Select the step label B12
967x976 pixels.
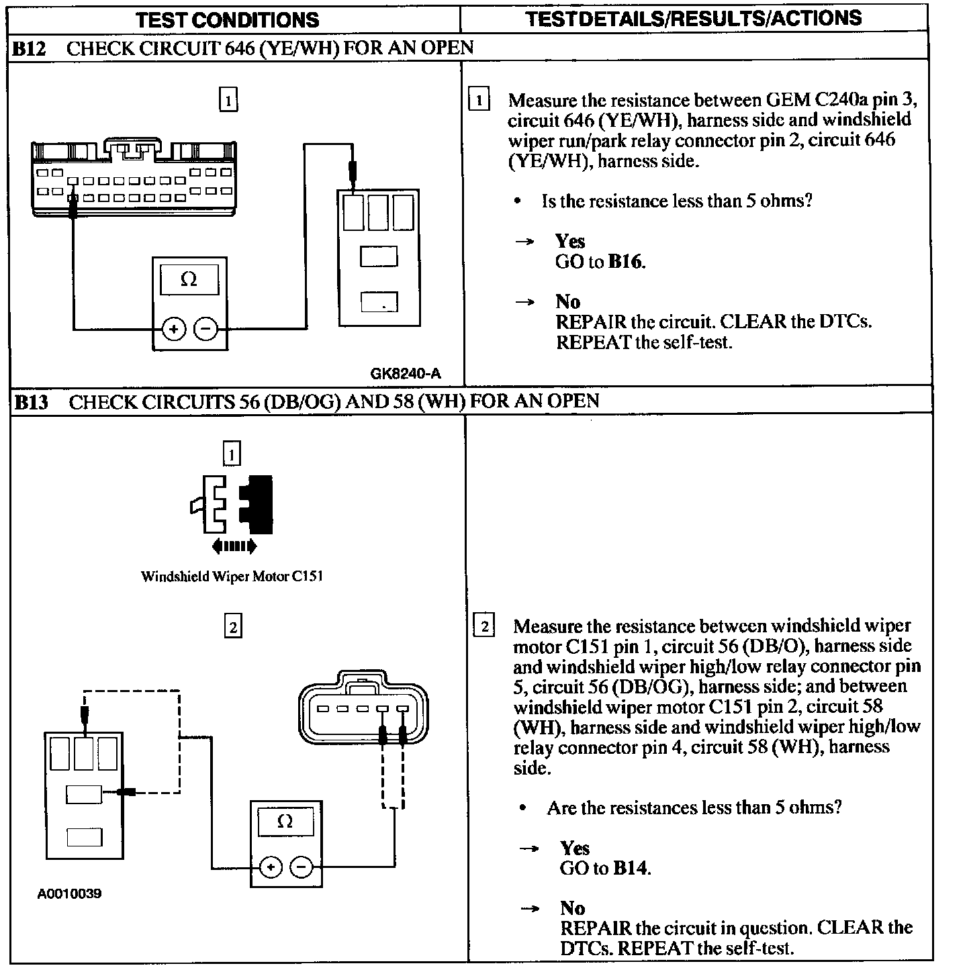tap(30, 48)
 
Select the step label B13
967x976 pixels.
tap(32, 402)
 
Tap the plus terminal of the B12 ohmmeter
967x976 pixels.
tap(174, 329)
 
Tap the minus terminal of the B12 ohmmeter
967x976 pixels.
tap(206, 329)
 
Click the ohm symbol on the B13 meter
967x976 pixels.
tap(285, 822)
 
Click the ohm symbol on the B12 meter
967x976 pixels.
tap(189, 279)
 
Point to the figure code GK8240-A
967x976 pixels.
tap(406, 374)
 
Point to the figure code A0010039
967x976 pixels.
tap(70, 894)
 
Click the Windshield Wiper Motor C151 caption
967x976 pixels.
tap(232, 576)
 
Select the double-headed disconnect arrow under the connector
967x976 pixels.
tap(234, 546)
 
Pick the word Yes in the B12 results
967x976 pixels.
tap(569, 241)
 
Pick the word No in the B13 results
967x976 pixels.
tap(572, 908)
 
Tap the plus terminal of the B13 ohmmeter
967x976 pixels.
tap(270, 867)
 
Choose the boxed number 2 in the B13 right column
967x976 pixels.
tap(483, 626)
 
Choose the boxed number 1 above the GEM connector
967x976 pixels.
tap(228, 101)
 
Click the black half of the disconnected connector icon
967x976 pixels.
tap(258, 504)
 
